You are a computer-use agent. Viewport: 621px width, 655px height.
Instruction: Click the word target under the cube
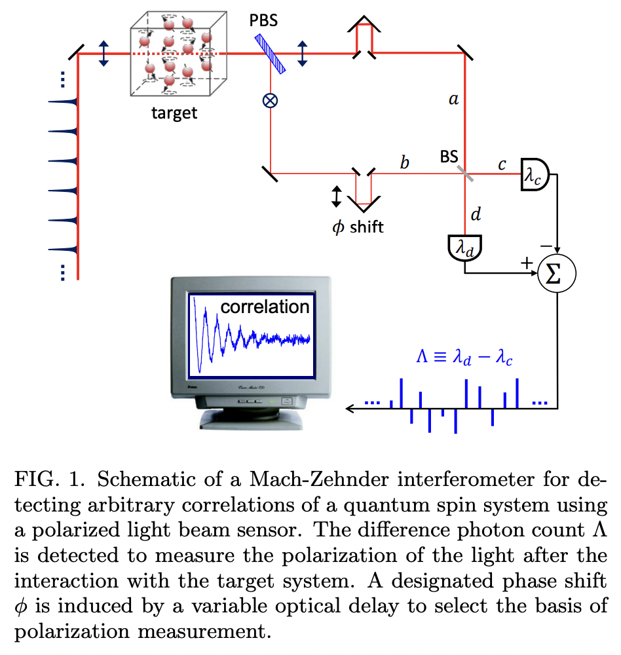174,113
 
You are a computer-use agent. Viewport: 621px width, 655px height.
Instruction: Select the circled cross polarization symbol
269,100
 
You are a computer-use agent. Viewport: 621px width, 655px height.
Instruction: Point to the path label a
452,100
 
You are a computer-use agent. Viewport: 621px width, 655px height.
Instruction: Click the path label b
405,162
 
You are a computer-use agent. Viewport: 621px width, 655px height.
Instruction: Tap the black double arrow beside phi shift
336,196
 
